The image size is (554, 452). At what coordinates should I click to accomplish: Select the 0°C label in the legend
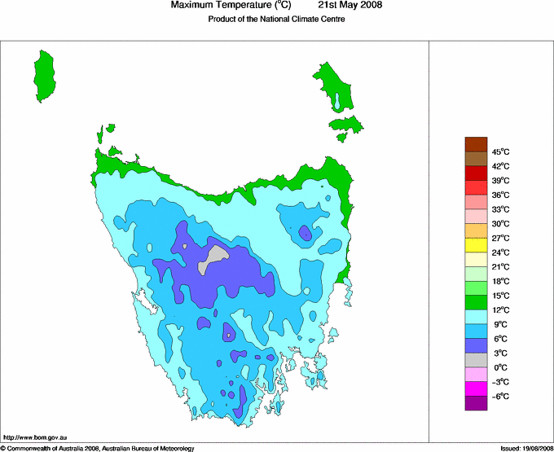coord(499,367)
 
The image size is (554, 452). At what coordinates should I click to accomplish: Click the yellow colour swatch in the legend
coord(476,245)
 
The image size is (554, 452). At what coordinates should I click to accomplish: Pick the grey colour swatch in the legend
coord(476,360)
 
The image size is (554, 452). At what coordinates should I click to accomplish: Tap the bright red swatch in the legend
coord(476,173)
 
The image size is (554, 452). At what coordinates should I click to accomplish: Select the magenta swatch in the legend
coord(476,388)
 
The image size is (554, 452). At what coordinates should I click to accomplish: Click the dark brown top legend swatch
coord(476,144)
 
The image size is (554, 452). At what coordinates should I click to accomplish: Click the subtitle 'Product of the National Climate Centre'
coord(276,20)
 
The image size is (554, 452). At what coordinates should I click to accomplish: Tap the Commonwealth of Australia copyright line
coord(98,448)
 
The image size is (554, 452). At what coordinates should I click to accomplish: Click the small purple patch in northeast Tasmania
coord(305,233)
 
